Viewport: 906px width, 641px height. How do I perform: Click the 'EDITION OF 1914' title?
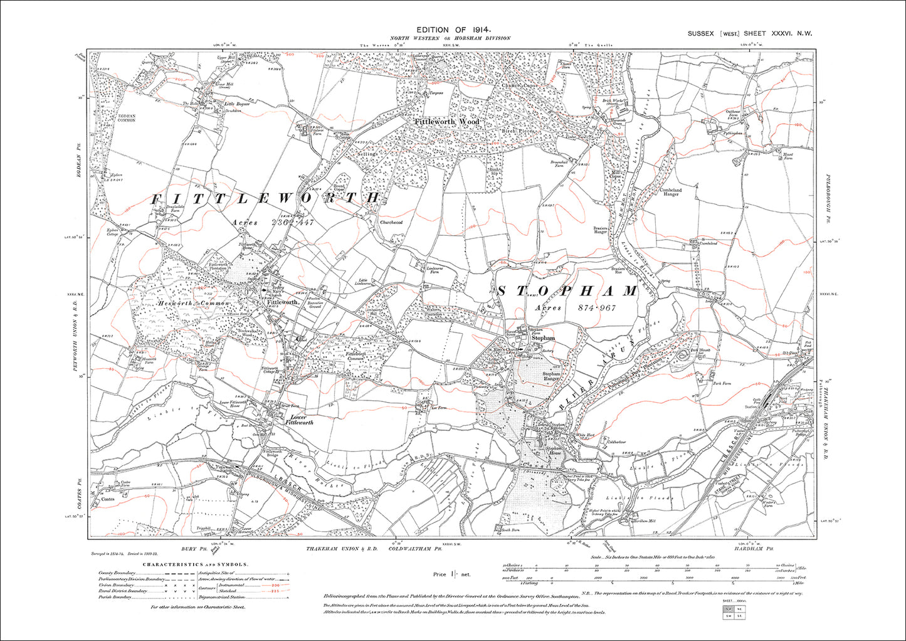[453, 29]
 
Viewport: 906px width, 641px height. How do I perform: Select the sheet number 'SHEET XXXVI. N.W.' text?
[777, 33]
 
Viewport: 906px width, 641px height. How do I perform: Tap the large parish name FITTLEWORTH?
[266, 198]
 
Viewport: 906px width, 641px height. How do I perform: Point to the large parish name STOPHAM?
[567, 291]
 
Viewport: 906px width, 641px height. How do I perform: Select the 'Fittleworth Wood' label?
[446, 121]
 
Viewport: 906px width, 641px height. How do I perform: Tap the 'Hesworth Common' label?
[194, 304]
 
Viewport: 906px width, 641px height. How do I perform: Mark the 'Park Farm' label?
[722, 383]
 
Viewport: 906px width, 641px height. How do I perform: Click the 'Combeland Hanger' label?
[670, 192]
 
